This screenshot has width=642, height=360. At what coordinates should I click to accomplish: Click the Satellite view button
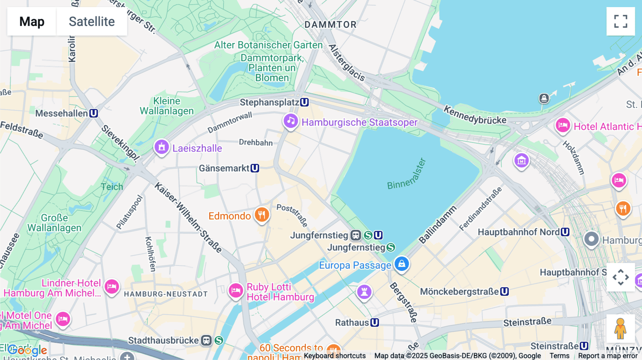pos(92,21)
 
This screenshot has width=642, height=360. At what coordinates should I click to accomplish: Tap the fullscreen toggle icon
pos(621,21)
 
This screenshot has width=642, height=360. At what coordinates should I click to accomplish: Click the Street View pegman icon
pos(621,328)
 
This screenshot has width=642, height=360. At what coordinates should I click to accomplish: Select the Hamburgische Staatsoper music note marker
pos(291,121)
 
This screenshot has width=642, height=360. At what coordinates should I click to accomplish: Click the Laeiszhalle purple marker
pos(162,147)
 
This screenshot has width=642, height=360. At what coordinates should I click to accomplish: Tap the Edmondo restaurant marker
pos(262,215)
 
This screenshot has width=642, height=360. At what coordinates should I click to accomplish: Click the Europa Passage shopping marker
pos(402,264)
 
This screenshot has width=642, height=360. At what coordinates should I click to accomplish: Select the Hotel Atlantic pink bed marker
pos(563,125)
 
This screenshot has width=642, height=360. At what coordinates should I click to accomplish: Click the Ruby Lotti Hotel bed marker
pos(236,290)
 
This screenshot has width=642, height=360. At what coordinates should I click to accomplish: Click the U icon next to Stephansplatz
pos(304,102)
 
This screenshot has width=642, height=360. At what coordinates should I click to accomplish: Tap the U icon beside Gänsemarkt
pos(255,168)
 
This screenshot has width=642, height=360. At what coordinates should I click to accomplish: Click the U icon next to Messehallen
pos(93,113)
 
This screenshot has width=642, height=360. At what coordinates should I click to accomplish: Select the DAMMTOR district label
pos(330,25)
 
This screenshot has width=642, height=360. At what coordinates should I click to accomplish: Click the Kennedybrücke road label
pos(475,115)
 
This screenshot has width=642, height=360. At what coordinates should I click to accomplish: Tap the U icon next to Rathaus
pos(374,323)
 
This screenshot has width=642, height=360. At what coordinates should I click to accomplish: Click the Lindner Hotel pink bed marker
pos(112,286)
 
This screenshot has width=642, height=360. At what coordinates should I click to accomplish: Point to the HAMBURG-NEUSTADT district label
pos(166,294)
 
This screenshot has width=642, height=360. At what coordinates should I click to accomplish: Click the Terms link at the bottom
pos(559,355)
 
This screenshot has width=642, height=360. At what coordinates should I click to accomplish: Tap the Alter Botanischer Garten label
pos(268,45)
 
